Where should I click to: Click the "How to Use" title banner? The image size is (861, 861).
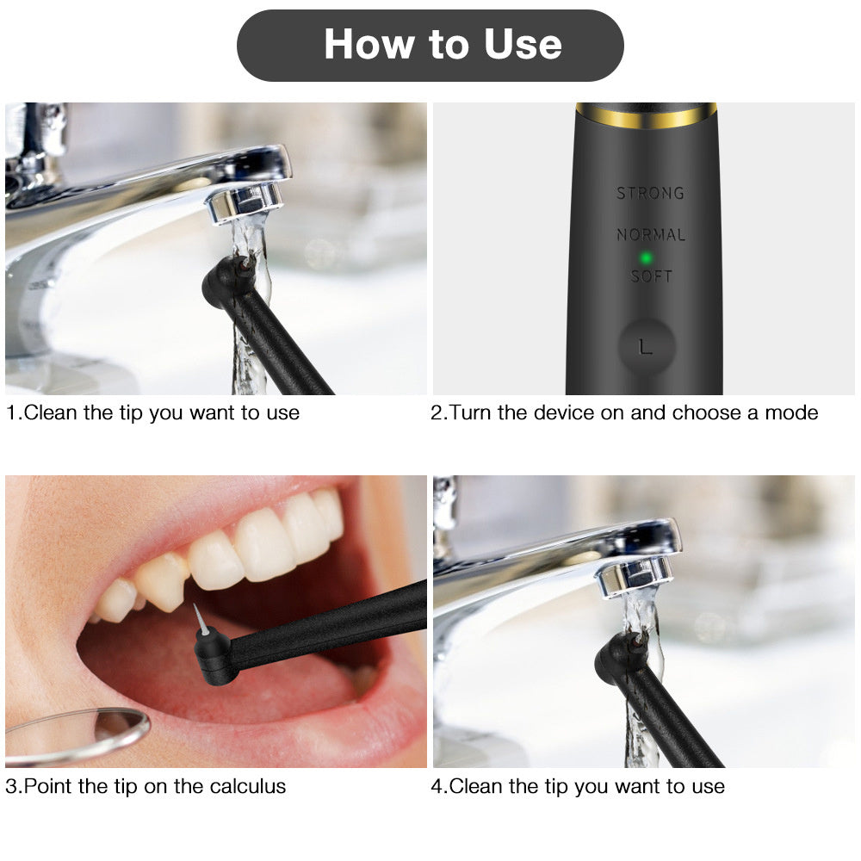click(x=430, y=45)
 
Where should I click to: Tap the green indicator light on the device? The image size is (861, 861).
click(x=644, y=257)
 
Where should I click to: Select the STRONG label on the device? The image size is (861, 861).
click(x=650, y=193)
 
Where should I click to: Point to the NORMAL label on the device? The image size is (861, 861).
click(x=651, y=234)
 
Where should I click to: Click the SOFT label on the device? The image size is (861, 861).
click(x=651, y=276)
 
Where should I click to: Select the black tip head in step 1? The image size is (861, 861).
click(x=226, y=282)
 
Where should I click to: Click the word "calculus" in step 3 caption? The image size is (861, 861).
click(x=250, y=786)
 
